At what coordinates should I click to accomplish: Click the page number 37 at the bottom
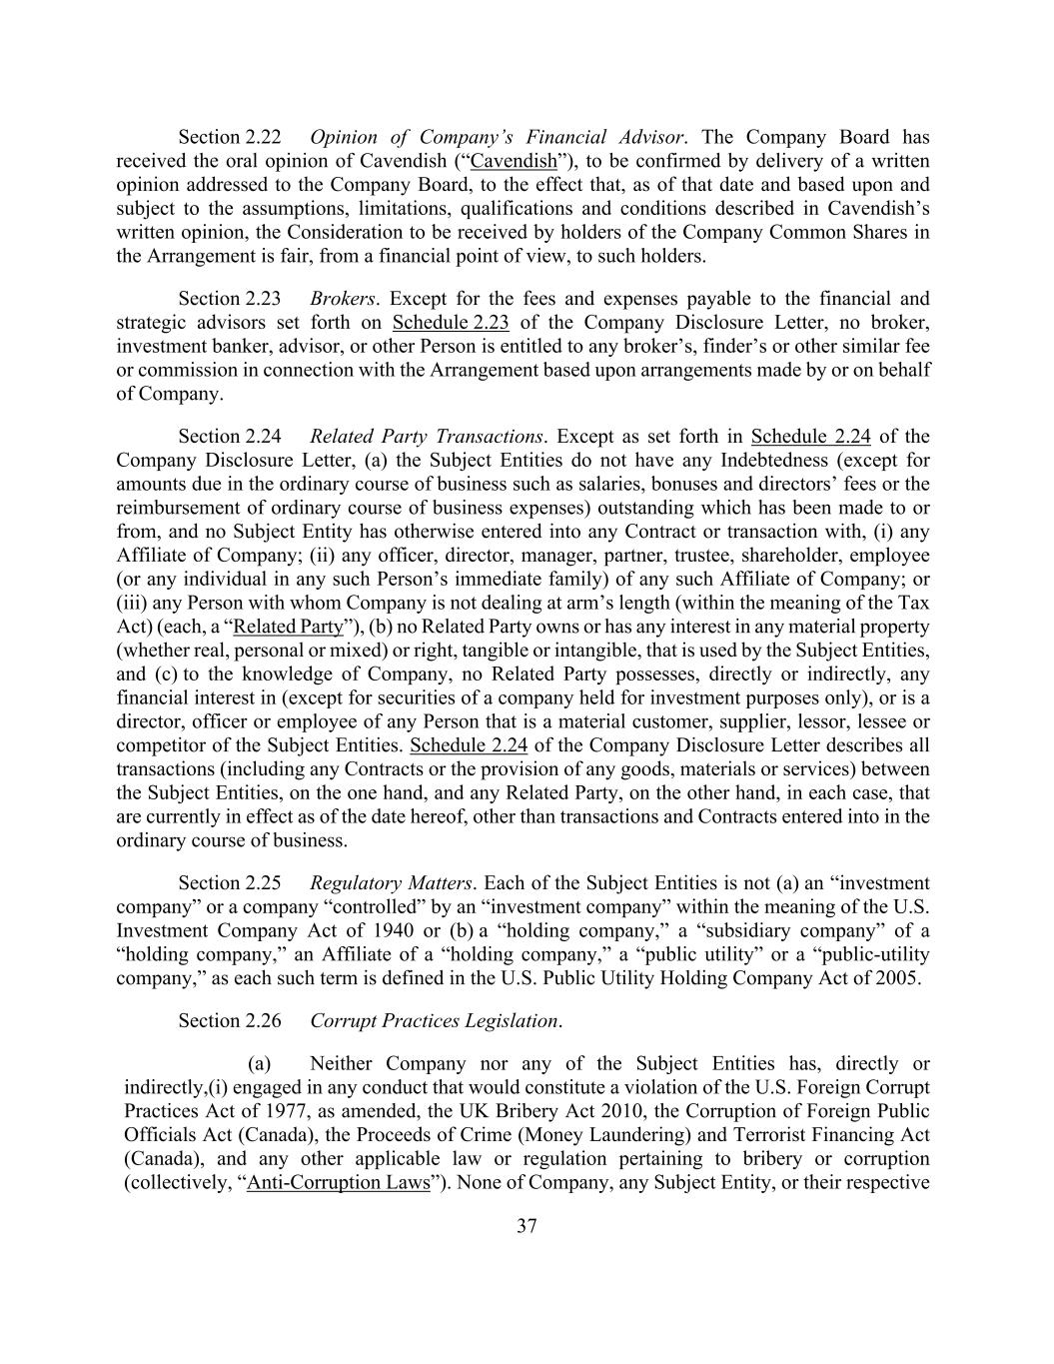click(527, 1227)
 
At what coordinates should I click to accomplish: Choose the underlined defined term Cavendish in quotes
click(514, 161)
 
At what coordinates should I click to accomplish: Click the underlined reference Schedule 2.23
click(452, 323)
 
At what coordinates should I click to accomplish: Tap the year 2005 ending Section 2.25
click(897, 978)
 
